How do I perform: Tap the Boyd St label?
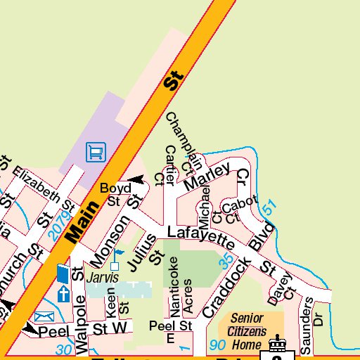(115, 195)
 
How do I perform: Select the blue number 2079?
(60, 224)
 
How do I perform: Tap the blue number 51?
(268, 208)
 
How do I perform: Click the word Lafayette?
(200, 236)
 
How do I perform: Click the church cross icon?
(63, 292)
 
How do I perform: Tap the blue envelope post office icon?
(44, 316)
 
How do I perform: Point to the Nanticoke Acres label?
(181, 285)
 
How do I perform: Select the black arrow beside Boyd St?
(136, 180)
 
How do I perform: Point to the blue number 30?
(64, 349)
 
